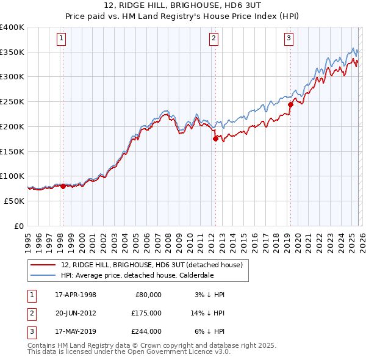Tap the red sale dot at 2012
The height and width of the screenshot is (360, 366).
pos(215,139)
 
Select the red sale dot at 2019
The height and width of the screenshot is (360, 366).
pos(290,104)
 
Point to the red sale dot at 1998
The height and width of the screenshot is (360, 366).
pos(63,186)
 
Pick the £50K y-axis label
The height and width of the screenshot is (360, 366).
pos(14,201)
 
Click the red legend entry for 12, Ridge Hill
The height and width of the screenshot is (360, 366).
pos(152,265)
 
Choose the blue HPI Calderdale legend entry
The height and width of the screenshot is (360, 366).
pos(137,275)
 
